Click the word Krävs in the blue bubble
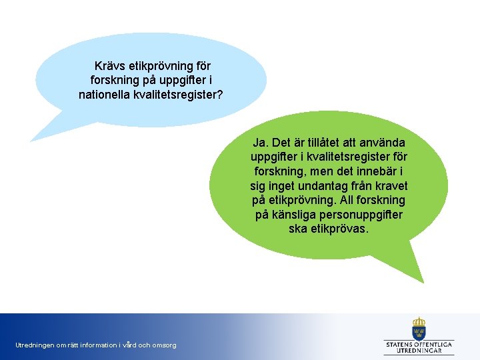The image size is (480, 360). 109,66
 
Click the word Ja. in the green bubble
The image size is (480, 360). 261,143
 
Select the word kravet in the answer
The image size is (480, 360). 392,186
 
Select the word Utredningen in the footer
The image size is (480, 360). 33,345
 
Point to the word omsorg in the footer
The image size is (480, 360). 164,345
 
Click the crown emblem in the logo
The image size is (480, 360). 419,328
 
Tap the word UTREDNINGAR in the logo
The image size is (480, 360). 419,349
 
